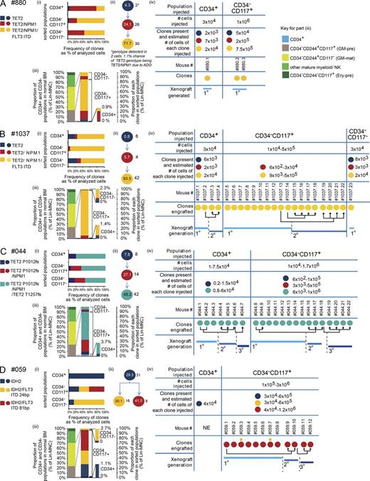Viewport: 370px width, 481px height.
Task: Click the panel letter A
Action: click(5, 5)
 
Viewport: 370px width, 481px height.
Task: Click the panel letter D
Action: click(5, 366)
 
